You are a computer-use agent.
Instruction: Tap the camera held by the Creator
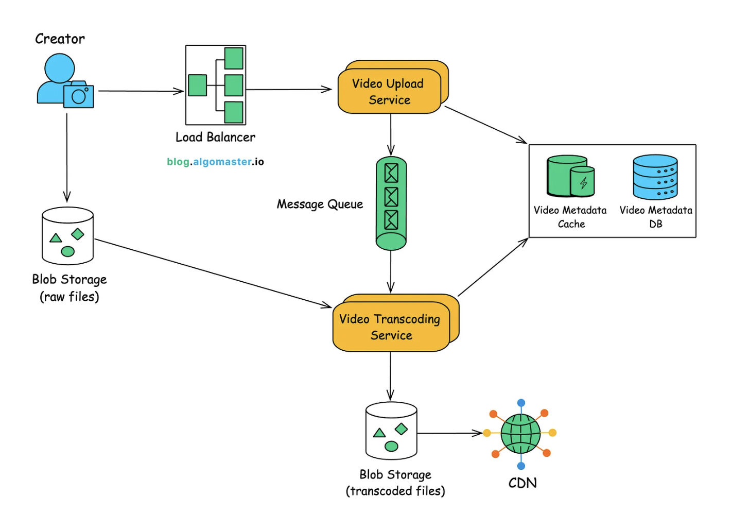coord(79,95)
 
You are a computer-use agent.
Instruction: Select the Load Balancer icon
coord(216,85)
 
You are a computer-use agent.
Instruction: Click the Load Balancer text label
coord(215,138)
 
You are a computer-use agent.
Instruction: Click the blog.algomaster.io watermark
coord(215,162)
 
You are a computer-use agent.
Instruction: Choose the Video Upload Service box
coord(390,91)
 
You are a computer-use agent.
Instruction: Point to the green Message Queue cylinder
coord(391,203)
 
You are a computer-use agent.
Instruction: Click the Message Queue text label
coord(320,204)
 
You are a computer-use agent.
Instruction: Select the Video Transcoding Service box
coord(392,327)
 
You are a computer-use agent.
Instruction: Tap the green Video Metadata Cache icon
coord(570,176)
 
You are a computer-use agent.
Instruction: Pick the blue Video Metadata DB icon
coord(655,177)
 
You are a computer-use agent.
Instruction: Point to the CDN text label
coord(522,483)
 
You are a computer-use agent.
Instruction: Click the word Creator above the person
coord(60,39)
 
